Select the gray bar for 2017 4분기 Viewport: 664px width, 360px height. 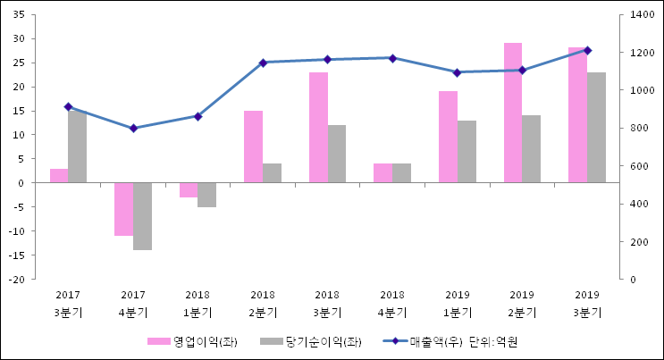click(x=142, y=216)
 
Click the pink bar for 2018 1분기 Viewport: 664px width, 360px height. click(x=189, y=189)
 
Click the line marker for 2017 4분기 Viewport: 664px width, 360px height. click(x=133, y=128)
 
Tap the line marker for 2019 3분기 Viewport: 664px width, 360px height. click(x=587, y=50)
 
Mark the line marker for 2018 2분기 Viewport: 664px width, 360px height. click(x=263, y=63)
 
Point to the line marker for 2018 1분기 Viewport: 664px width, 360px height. click(x=198, y=116)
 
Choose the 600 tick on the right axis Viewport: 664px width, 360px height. click(x=637, y=166)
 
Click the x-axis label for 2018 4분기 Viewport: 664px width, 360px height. click(x=392, y=303)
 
